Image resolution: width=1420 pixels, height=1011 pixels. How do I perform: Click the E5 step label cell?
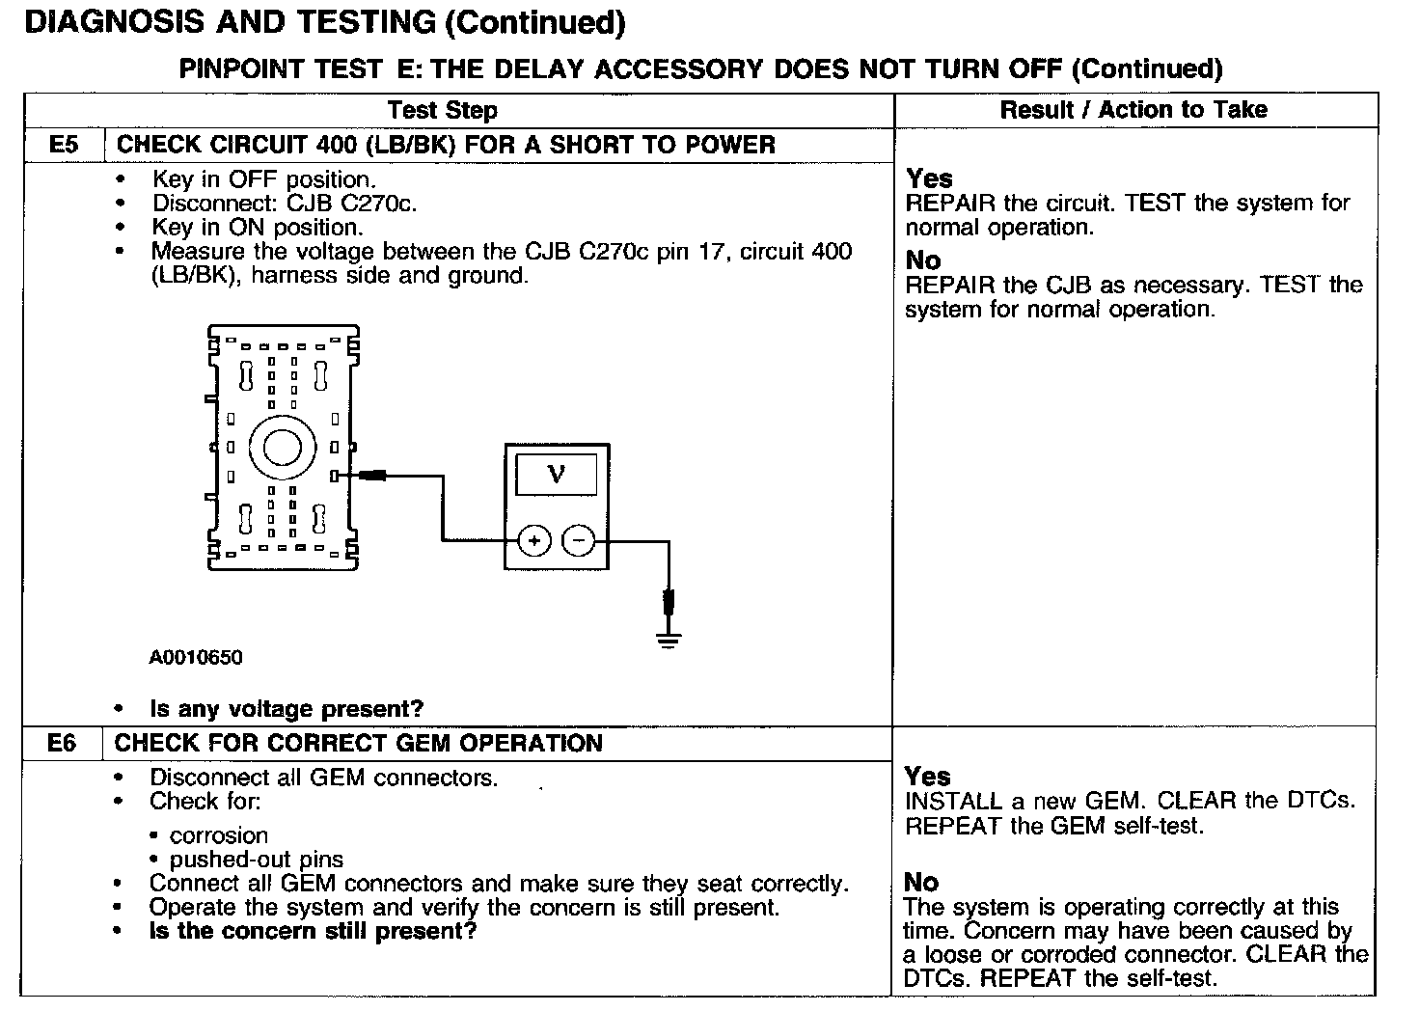coord(63,146)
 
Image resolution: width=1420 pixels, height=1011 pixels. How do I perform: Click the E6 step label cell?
coord(61,744)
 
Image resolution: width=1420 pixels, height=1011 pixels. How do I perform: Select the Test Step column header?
coord(442,110)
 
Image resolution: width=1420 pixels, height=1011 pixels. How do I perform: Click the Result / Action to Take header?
coord(1133,110)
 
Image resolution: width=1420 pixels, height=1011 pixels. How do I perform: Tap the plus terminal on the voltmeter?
coord(533,541)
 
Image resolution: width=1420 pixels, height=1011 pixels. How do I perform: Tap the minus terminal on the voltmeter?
coord(579,541)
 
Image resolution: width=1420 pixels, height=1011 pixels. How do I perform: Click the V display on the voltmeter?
coord(556,474)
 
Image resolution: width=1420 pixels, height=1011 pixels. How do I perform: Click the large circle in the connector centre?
coord(283,447)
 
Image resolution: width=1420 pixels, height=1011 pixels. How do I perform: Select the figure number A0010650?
coord(196,658)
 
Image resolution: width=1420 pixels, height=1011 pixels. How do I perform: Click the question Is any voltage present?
coord(287,709)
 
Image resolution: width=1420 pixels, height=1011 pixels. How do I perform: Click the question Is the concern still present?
coord(313,932)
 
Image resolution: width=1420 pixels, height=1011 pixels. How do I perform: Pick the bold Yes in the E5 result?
coord(929,178)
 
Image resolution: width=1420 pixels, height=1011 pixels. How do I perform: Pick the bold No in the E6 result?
coord(921,882)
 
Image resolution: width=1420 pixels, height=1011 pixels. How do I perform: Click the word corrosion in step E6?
coord(219,835)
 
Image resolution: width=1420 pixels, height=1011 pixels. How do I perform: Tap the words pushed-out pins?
coord(257,860)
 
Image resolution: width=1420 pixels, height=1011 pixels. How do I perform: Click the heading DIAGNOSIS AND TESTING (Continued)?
coord(324,22)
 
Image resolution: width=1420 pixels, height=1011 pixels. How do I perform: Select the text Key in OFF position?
coord(263,179)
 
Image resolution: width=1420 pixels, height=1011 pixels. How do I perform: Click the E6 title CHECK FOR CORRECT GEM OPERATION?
coord(358,744)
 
